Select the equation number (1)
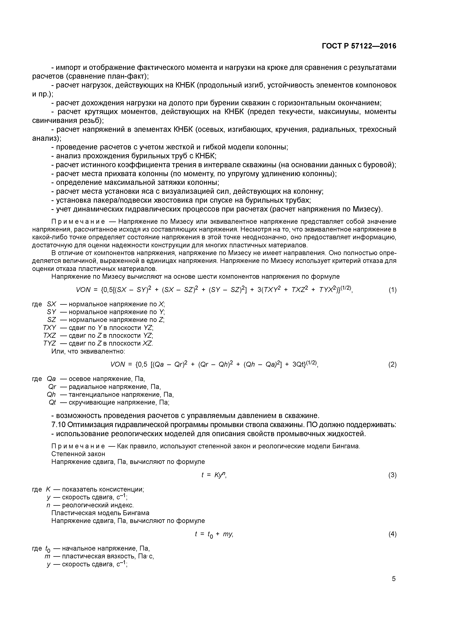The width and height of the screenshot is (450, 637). tap(392, 290)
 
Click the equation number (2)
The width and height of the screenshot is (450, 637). tap(392, 364)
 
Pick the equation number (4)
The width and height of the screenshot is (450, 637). tap(392, 534)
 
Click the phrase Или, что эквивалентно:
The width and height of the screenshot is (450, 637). tap(88, 351)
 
